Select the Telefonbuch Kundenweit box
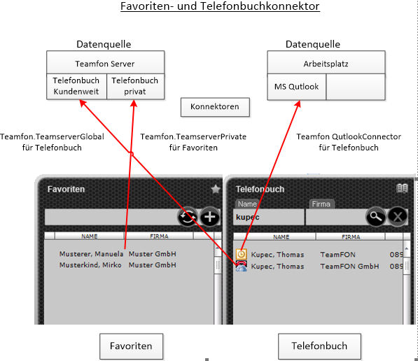point(76,86)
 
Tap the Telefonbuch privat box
point(135,86)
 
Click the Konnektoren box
point(215,107)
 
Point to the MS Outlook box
point(296,87)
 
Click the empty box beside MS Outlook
point(356,87)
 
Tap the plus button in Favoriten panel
point(210,217)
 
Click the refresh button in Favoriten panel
point(188,217)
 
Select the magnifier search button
point(375,217)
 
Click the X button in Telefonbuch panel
point(398,217)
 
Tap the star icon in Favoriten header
point(216,189)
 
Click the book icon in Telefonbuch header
point(402,188)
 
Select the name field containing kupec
point(268,217)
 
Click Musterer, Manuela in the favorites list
point(91,254)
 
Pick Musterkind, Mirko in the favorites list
point(90,265)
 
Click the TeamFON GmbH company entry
point(349,267)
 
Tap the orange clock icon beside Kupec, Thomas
point(242,254)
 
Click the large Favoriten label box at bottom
point(131,346)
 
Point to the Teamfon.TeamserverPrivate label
point(193,136)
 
